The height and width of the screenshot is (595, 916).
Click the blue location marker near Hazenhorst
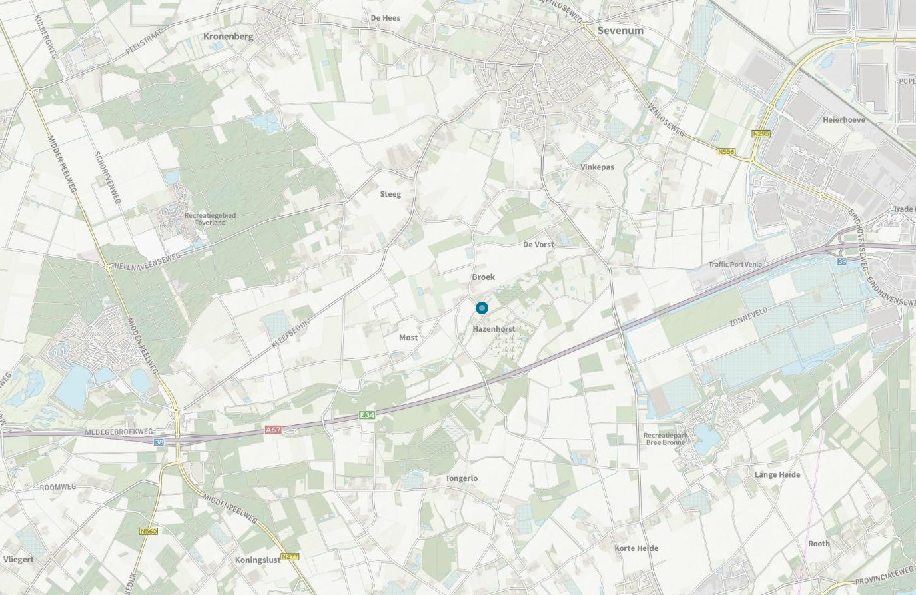[x=482, y=308]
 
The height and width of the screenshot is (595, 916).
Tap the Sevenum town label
[x=620, y=31]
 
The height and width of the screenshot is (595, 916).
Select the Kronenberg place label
[x=229, y=37]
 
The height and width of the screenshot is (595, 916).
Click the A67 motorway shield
[x=273, y=430]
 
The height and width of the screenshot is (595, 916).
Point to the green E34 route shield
[x=367, y=415]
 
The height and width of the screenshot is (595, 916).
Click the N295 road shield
[x=761, y=134]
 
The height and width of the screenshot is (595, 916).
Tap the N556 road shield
[x=726, y=152]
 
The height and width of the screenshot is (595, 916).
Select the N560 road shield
[x=149, y=531]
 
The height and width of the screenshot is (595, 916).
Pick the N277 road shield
[x=290, y=556]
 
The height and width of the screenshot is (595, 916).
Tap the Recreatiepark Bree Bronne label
[x=664, y=439]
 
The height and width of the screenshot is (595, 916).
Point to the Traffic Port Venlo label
[x=735, y=265]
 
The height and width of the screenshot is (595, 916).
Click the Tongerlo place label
[x=462, y=478]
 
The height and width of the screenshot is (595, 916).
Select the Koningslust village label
[x=258, y=560]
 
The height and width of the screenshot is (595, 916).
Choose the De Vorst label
[x=538, y=245]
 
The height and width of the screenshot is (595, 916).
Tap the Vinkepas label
[x=597, y=167]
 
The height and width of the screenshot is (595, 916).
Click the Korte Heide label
[x=636, y=548]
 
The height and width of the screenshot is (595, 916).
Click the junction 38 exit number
[x=159, y=442]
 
